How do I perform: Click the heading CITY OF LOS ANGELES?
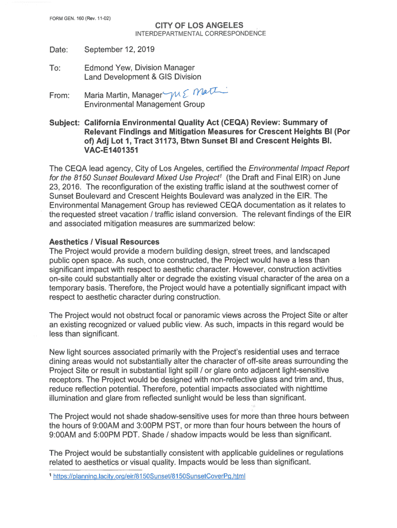pos(200,26)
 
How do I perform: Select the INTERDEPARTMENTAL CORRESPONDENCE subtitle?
pos(201,34)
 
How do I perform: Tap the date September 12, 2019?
pos(119,49)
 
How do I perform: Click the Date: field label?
pos(59,50)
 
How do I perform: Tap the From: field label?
pos(60,95)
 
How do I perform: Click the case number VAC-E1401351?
pos(112,151)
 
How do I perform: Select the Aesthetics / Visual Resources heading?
pos(104,242)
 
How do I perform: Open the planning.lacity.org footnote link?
pos(150,476)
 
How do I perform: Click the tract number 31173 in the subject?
pos(175,141)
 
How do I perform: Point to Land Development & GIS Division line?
pos(143,77)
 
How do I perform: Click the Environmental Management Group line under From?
pos(144,105)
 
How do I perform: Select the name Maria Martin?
pos(107,95)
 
